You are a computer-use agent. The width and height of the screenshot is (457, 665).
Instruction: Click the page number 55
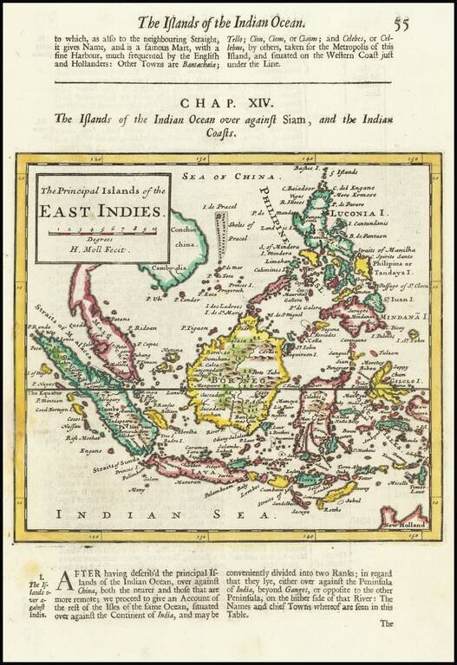(x=402, y=23)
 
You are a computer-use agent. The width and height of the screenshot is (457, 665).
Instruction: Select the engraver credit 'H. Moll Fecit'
(x=102, y=249)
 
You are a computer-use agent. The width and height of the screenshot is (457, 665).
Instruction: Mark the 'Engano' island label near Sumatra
(x=90, y=450)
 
